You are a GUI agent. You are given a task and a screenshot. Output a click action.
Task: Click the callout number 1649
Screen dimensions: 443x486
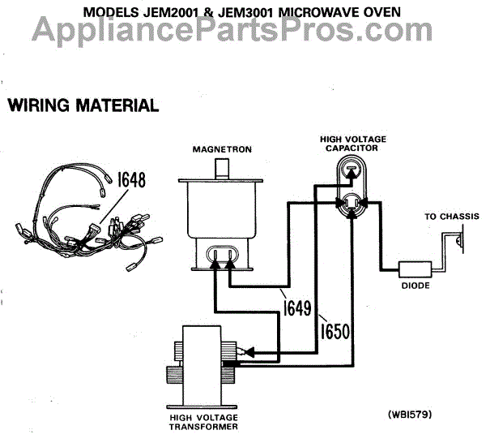coord(296,310)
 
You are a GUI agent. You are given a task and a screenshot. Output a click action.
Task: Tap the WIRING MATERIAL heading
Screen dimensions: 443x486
coord(82,105)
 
